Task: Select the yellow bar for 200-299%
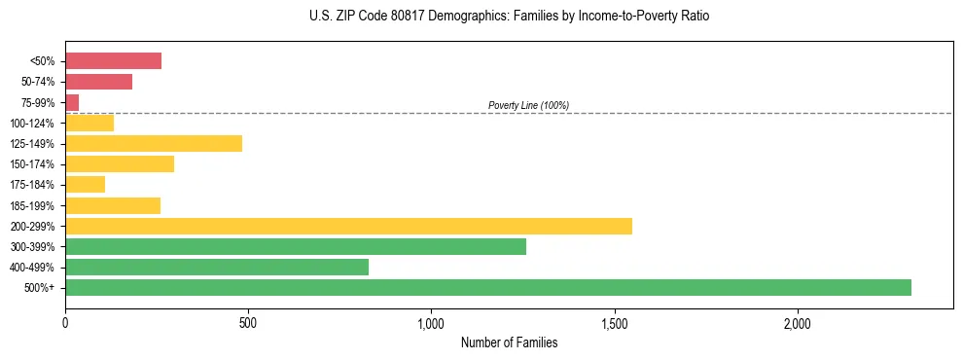pos(348,226)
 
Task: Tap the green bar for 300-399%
pos(296,246)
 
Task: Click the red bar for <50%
pos(113,61)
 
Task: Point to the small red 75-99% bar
pos(72,102)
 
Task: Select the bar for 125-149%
pos(154,143)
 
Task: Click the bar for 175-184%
pos(85,184)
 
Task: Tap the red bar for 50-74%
pos(98,82)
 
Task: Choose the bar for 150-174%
pos(120,163)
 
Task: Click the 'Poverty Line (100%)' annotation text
pos(528,105)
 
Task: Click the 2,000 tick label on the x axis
pos(797,323)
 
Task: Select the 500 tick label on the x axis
pos(248,323)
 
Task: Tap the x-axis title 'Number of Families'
pos(509,342)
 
